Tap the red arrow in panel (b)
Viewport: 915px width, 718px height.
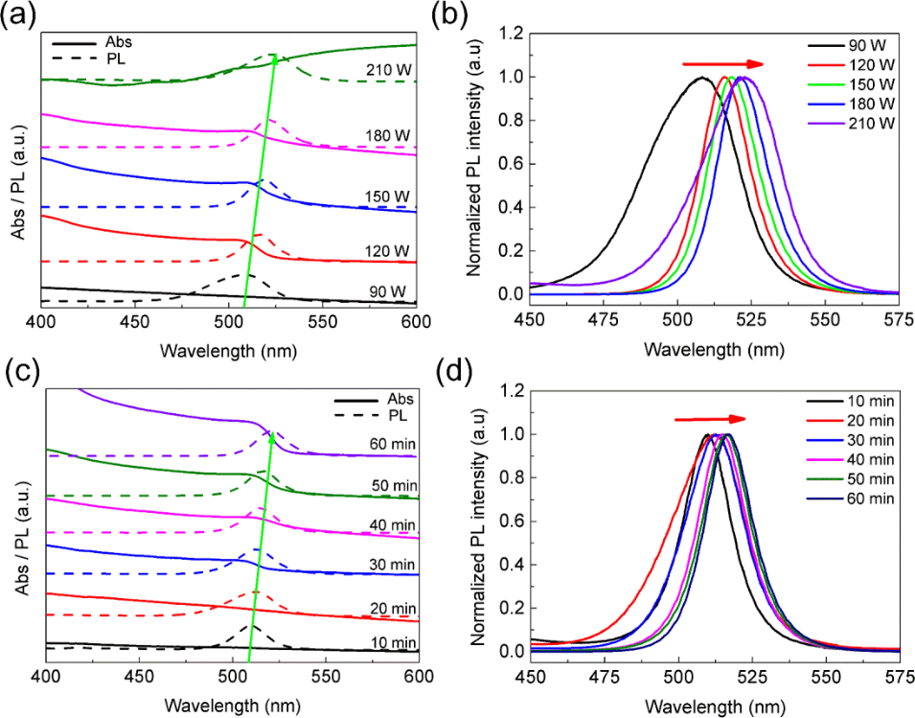click(x=723, y=64)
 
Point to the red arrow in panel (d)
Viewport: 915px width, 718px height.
click(x=710, y=419)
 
